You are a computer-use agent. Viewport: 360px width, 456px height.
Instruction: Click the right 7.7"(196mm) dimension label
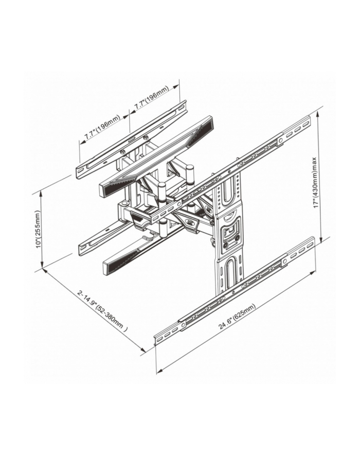[151, 98]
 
